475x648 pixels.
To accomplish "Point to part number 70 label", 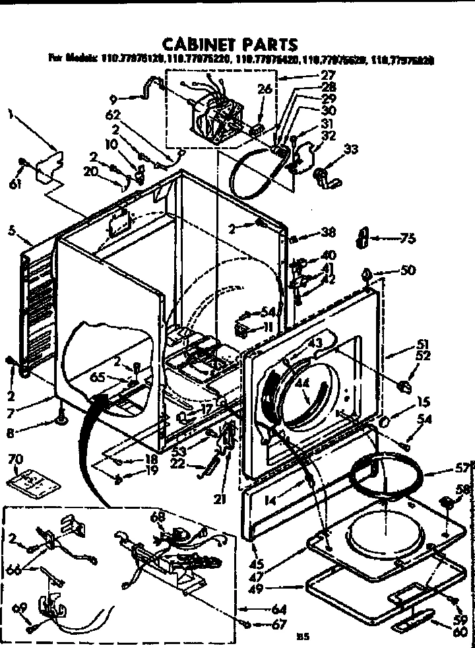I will point(15,457).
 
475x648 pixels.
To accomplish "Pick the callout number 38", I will point(328,232).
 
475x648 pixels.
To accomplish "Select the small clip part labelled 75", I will point(361,238).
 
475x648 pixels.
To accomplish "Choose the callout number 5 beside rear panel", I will point(12,231).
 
